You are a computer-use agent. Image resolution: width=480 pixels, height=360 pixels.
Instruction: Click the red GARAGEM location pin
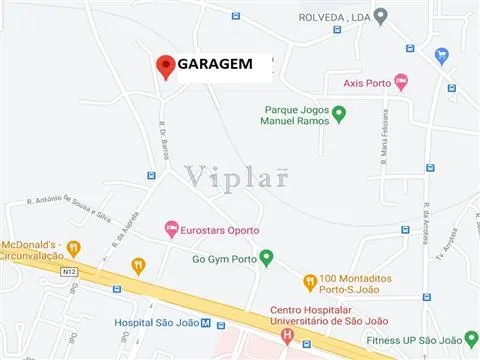coord(166,66)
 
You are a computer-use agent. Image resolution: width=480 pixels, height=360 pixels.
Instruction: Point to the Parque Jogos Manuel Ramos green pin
coord(338,116)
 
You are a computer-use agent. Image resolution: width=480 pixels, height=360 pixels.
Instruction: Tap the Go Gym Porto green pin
coord(266,258)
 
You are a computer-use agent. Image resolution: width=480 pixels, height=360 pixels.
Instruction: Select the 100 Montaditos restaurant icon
coord(311,281)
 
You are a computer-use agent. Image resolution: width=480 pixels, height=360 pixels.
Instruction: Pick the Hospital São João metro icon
coord(206,323)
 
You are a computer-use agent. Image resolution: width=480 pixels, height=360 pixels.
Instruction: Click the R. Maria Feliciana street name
coord(384,141)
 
